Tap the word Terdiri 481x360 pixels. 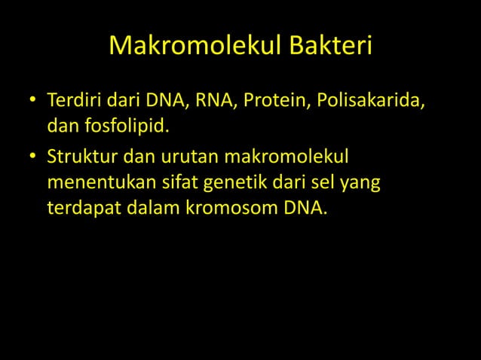73,100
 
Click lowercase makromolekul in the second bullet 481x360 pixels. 284,158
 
